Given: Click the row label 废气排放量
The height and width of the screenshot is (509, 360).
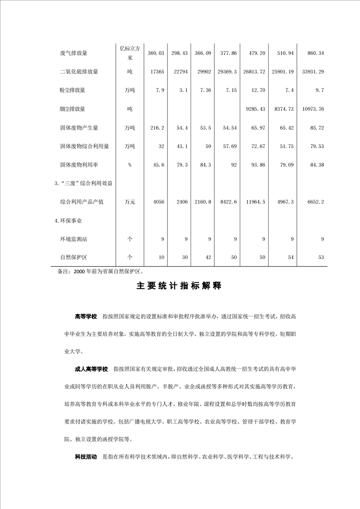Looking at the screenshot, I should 74,53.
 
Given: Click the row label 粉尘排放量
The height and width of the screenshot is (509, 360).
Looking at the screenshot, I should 74,90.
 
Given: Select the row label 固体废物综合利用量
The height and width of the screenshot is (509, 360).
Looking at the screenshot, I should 84,146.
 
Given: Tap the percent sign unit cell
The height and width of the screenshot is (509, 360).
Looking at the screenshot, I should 129,165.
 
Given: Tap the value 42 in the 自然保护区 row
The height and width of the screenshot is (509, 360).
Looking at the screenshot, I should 209,257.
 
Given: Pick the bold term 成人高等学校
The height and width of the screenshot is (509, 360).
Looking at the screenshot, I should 91,369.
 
